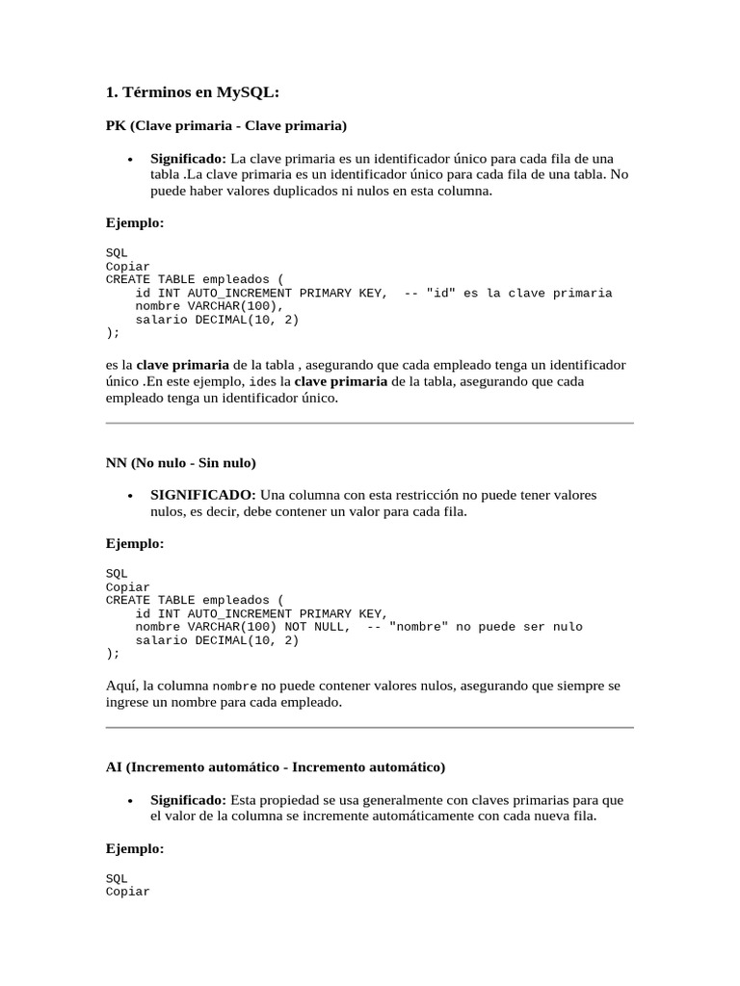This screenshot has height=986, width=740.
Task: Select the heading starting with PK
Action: point(225,125)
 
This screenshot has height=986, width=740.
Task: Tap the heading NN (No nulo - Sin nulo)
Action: point(180,462)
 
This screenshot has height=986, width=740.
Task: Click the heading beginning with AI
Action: point(275,767)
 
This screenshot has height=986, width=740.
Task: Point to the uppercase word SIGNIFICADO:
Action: point(202,495)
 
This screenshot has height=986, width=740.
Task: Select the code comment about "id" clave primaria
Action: point(509,293)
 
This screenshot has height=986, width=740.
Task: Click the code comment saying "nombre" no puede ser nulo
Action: point(475,627)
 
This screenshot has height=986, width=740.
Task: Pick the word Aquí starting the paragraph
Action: point(121,686)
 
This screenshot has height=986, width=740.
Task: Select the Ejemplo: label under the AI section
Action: point(135,848)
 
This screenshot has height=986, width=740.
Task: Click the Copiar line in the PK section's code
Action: point(127,266)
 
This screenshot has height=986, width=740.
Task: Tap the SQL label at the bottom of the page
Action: point(116,878)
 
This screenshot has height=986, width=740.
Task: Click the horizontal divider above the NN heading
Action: point(369,423)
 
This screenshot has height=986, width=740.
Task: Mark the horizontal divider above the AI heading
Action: point(369,728)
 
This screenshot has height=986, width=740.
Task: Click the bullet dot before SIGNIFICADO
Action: point(129,496)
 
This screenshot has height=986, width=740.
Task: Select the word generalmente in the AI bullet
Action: point(385,800)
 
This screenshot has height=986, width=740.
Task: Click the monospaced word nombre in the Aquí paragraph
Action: point(234,687)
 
